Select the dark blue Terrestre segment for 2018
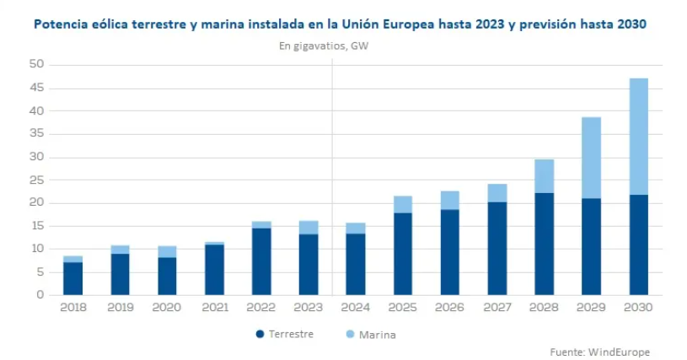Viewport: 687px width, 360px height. [x=73, y=278]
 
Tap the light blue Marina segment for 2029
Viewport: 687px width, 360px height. [x=591, y=158]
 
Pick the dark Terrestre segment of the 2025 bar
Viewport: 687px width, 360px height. [x=403, y=253]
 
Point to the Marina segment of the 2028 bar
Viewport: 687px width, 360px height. [x=544, y=176]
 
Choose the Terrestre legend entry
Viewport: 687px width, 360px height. [x=284, y=334]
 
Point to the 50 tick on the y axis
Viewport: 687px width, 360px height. [x=35, y=65]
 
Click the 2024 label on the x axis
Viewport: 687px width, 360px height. [x=356, y=309]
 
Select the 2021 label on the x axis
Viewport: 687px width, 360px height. [x=214, y=309]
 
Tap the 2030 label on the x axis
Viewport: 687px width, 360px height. [x=638, y=309]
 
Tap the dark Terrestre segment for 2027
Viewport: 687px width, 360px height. [x=497, y=249]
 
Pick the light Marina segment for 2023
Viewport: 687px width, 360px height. [x=309, y=227]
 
